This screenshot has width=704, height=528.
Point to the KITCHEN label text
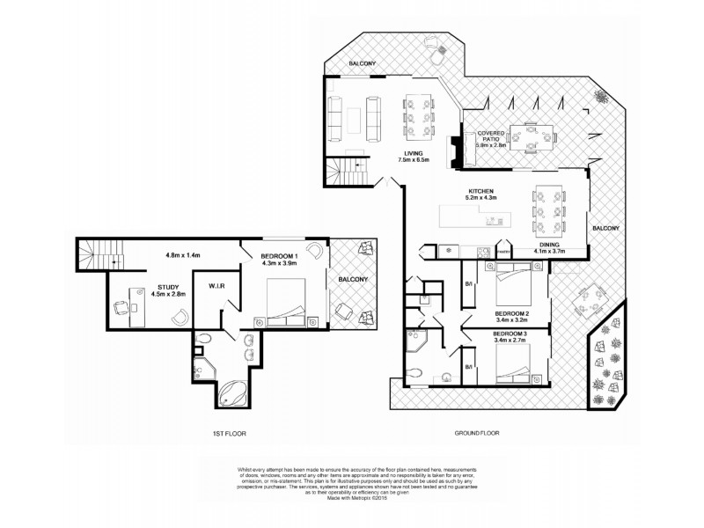(480, 192)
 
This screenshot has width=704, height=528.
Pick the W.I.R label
(219, 285)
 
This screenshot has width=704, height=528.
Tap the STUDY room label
(169, 287)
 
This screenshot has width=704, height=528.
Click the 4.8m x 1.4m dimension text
(183, 255)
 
